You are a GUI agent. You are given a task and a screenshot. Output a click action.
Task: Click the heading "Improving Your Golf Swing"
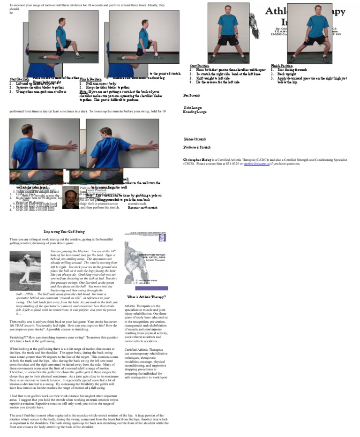65,232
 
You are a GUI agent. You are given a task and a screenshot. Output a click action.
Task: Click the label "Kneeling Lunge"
194,112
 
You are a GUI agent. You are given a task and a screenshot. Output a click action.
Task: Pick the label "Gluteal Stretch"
195,139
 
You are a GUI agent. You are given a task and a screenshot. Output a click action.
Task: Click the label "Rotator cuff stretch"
143,207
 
